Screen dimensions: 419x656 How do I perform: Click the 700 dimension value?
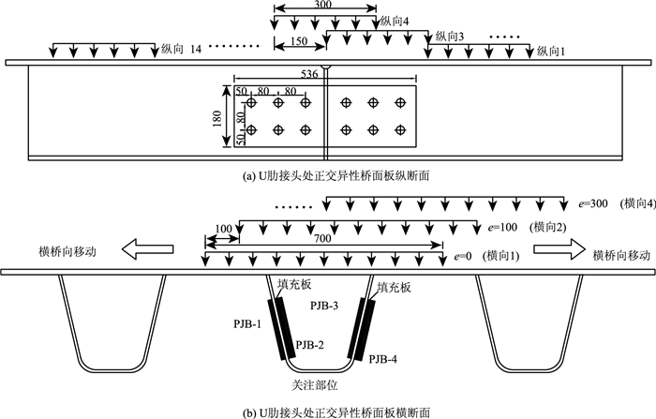323,241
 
